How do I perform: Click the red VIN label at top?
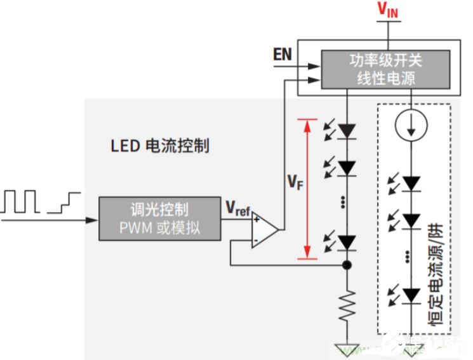point(389,9)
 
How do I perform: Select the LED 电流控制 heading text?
point(160,145)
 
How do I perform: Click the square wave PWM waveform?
point(22,201)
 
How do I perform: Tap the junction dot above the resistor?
point(347,265)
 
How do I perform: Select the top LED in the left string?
point(347,131)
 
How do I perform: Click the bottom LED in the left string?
point(347,242)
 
